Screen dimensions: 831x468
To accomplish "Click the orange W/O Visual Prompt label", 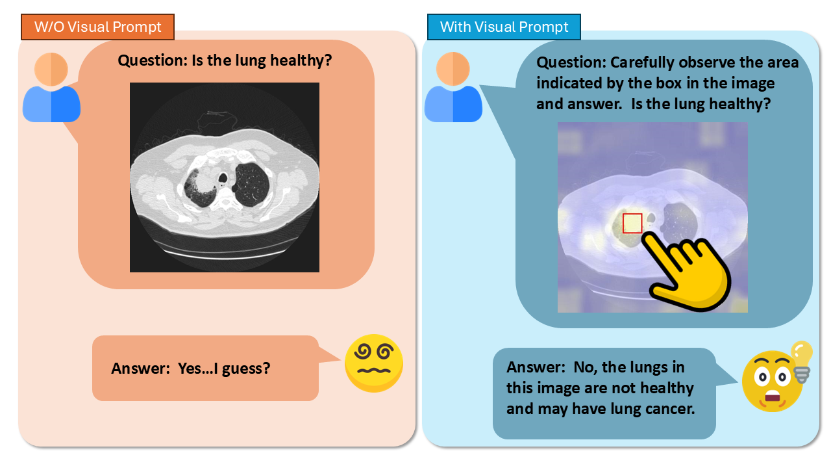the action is tap(97, 27).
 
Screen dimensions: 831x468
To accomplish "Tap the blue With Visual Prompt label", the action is tap(504, 27).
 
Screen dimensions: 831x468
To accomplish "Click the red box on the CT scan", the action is tap(632, 223).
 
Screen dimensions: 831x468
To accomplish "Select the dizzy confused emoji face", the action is tap(373, 363).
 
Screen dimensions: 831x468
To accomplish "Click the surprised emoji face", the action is tap(772, 382).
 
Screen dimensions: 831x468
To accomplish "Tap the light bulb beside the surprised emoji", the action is tap(802, 361).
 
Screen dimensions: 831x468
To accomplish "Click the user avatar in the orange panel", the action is tap(51, 87).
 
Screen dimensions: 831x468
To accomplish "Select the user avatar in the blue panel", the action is tap(453, 87).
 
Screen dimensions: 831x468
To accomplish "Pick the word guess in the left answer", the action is tap(245, 369).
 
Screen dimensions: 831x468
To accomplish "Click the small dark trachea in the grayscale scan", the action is tap(223, 178).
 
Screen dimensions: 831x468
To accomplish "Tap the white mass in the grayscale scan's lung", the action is tap(205, 181).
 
